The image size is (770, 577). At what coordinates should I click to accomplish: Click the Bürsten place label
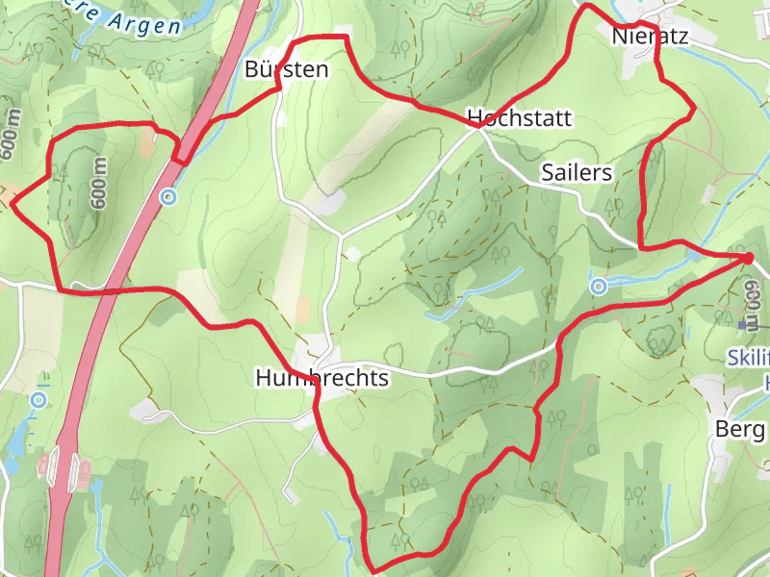287,69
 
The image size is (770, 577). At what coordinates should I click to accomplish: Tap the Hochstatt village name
520,118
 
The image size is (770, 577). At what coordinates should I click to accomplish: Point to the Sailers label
577,172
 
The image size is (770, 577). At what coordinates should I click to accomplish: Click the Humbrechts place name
322,378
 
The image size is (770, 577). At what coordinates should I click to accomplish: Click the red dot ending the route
747,258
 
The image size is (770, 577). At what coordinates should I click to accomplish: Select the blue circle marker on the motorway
169,197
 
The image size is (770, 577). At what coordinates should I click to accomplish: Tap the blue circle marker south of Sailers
599,285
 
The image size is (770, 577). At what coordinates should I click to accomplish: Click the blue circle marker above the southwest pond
38,399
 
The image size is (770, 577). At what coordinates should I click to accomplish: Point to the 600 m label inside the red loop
99,183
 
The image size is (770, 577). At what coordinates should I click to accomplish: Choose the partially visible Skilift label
752,359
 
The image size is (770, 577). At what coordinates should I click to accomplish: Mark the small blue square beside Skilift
742,326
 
